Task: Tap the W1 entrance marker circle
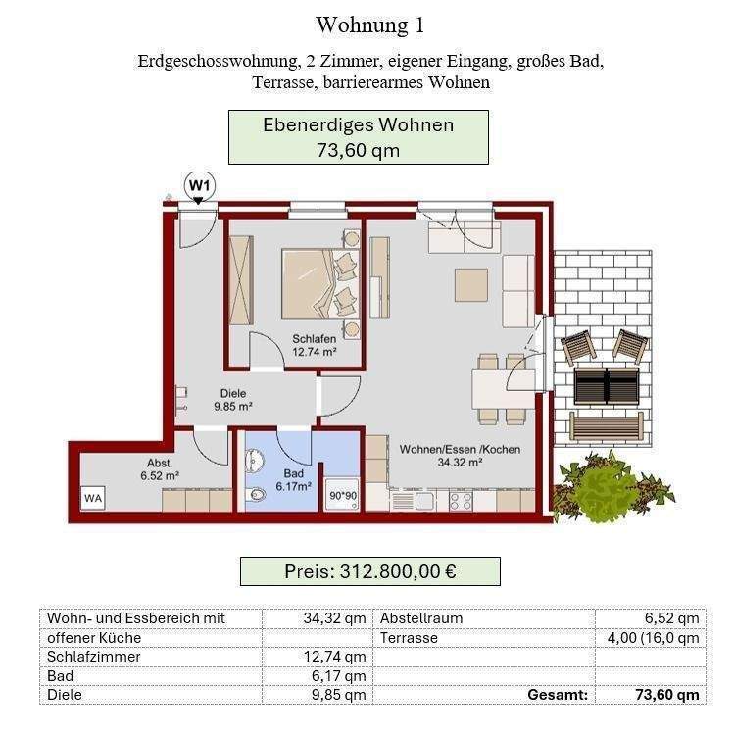[x=200, y=184]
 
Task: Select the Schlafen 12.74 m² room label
[x=315, y=345]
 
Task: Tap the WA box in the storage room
[x=93, y=497]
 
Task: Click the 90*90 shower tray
[x=342, y=496]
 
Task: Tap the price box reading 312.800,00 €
[x=370, y=571]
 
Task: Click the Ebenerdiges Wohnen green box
[x=358, y=137]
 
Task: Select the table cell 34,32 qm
[x=318, y=618]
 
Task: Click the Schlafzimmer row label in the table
[x=94, y=657]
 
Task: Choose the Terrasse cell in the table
[x=409, y=637]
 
